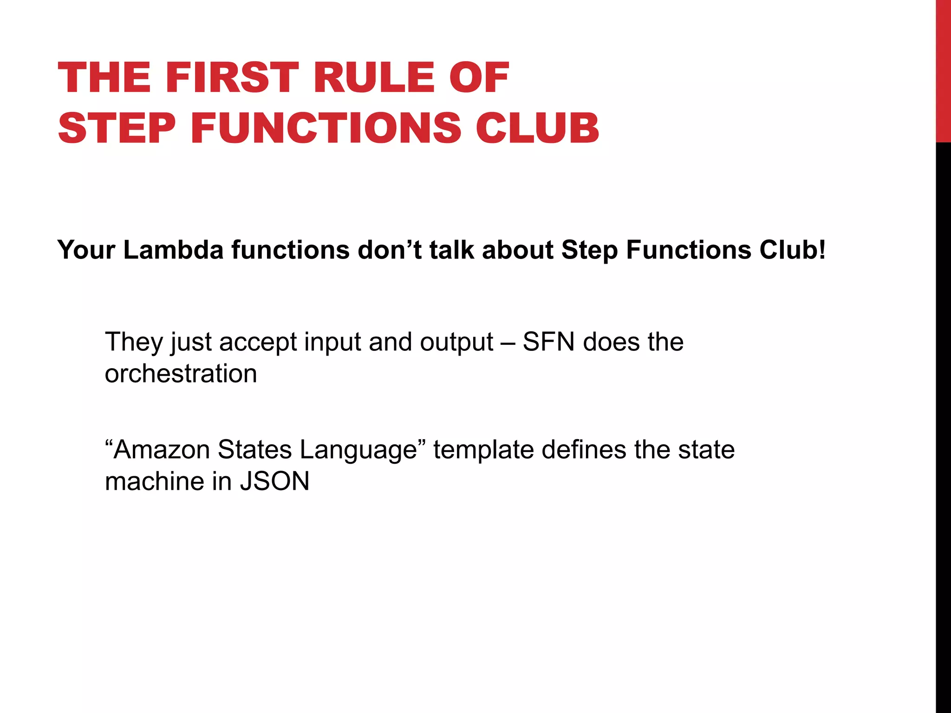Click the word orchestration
[181, 374]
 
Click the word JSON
[274, 481]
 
